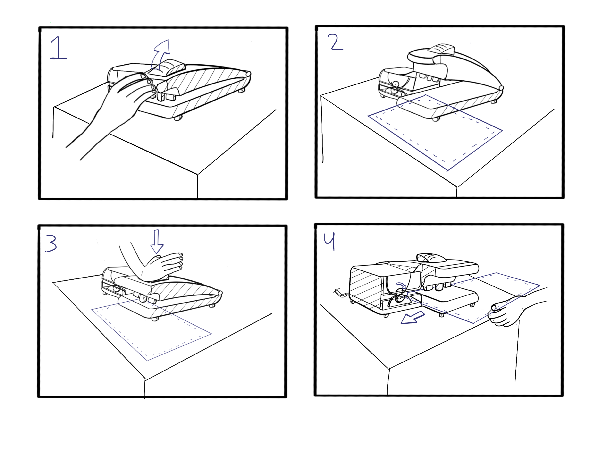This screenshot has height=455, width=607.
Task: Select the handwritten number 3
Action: click(51, 243)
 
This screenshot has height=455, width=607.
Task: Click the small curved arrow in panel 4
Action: click(401, 285)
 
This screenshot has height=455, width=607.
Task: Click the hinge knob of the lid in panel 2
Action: click(501, 88)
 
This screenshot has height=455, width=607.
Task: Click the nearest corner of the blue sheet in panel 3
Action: click(147, 360)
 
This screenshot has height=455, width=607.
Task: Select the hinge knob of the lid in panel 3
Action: click(220, 293)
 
